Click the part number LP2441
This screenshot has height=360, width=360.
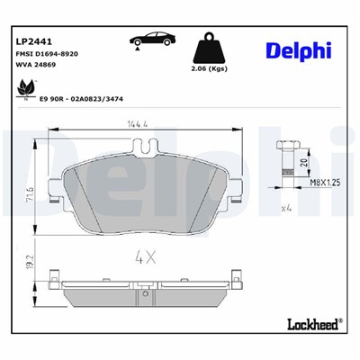click(x=34, y=41)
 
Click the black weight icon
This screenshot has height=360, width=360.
click(x=210, y=49)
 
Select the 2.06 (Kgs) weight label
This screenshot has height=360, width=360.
click(x=211, y=69)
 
